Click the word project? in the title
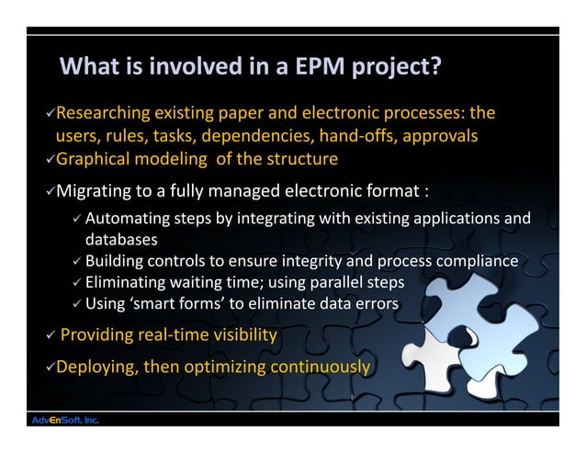click(393, 68)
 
